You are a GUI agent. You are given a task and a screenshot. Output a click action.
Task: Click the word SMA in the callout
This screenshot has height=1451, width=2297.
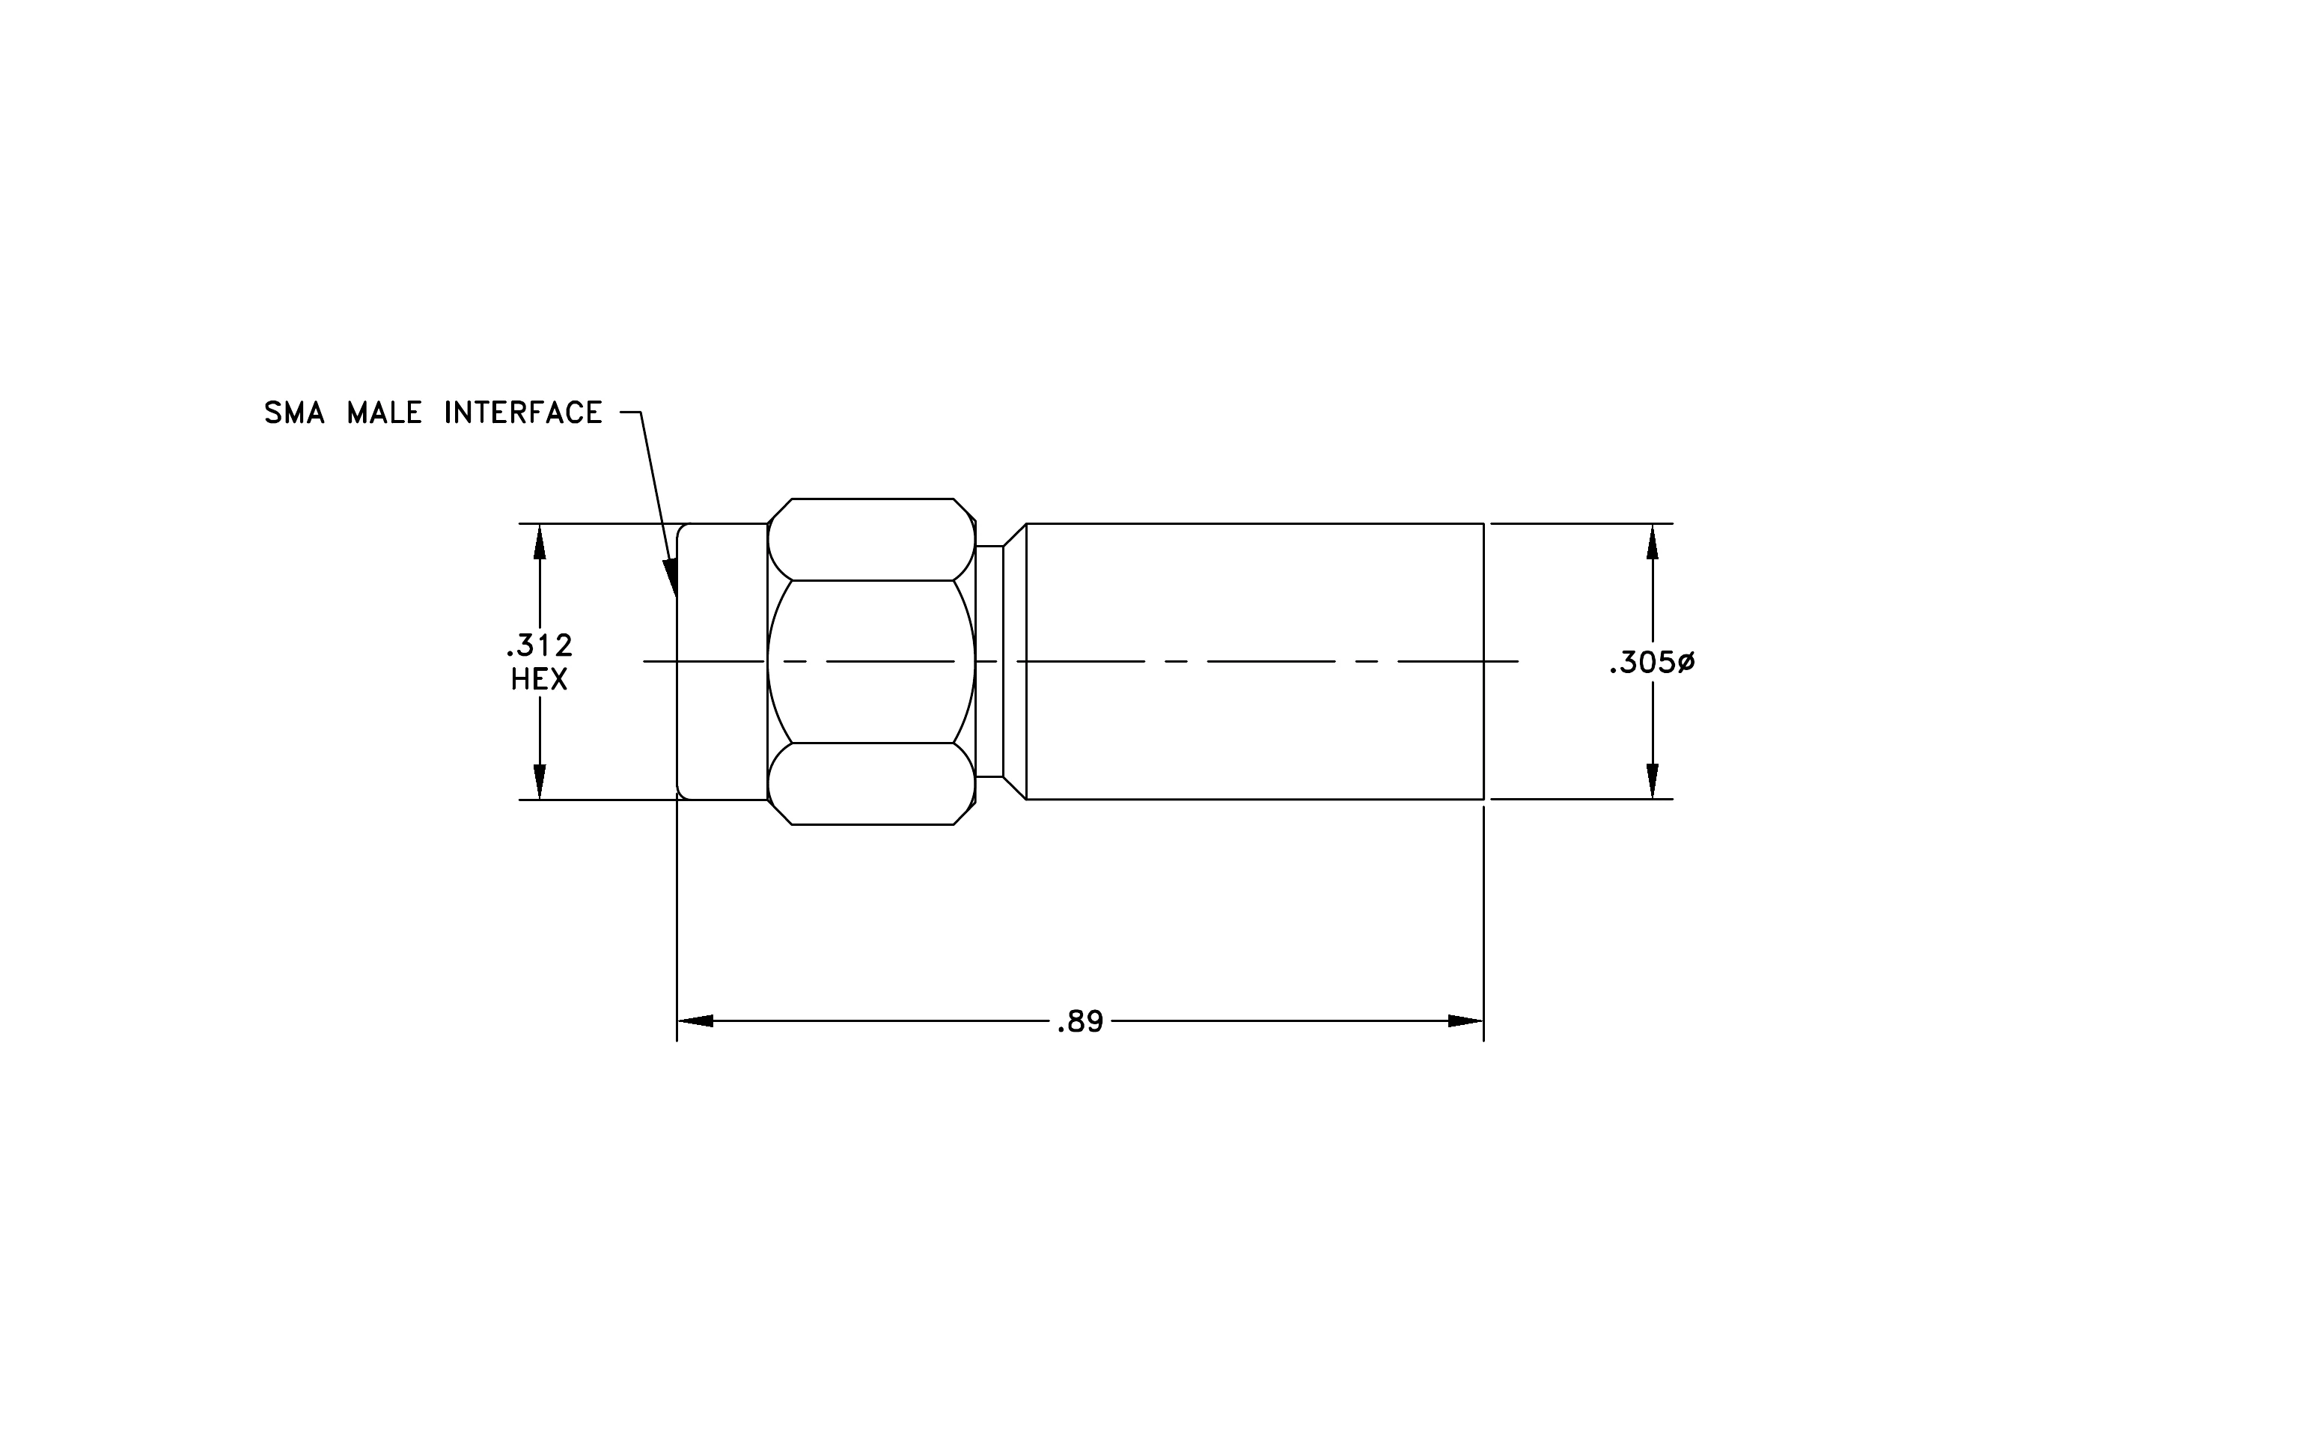tap(294, 413)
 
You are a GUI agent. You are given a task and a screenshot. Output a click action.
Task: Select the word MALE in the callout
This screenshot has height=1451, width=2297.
tap(385, 413)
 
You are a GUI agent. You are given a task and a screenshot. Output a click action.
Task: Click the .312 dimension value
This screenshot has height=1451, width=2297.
tap(539, 646)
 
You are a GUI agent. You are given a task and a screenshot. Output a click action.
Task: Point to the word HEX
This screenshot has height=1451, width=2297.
tap(539, 679)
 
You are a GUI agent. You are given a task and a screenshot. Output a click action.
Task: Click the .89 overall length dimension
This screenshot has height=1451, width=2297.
tap(1080, 1023)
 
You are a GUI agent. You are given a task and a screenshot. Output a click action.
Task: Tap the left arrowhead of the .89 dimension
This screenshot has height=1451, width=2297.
tap(695, 1020)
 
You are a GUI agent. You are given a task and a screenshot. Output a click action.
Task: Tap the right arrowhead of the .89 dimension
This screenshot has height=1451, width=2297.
tap(1465, 1020)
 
